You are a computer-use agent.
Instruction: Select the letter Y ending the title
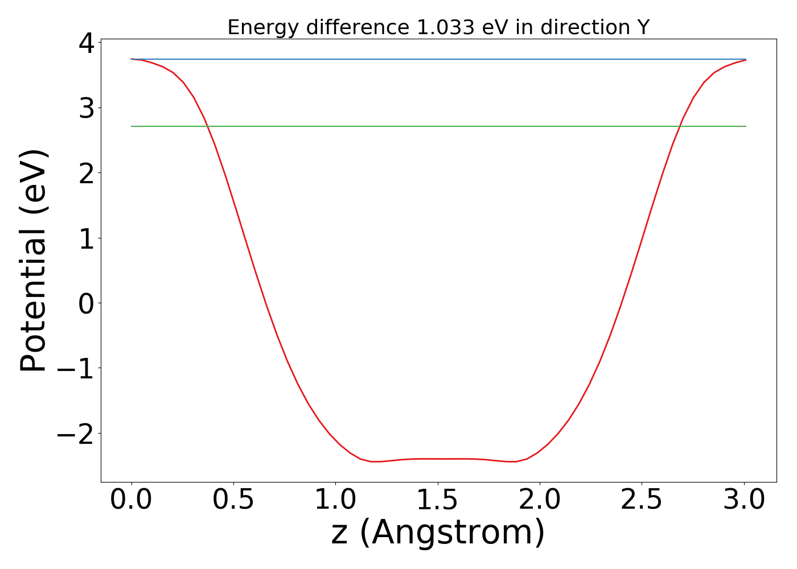643,27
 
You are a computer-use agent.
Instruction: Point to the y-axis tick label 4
87,43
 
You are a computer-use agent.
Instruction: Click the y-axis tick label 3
87,108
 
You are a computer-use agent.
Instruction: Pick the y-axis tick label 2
87,173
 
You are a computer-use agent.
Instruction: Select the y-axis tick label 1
87,238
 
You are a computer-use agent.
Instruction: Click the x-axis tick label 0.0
132,500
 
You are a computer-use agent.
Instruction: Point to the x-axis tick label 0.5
233,500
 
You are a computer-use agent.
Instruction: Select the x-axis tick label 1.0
335,500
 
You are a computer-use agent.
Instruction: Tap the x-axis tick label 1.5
437,500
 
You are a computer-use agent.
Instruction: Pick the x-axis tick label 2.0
539,500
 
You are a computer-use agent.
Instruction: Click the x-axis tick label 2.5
641,500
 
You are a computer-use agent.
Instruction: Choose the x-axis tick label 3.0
743,500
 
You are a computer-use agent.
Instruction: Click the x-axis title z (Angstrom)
438,533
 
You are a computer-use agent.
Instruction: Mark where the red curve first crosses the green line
208,126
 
